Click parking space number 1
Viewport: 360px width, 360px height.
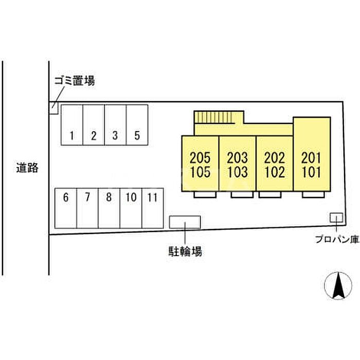coord(72,125)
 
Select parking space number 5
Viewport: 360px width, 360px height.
coord(137,125)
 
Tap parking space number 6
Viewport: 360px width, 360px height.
coord(66,208)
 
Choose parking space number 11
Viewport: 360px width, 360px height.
coord(153,208)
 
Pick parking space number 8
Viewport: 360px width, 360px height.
coord(109,208)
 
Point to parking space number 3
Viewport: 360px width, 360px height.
coord(115,125)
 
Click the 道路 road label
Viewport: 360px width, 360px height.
coord(27,168)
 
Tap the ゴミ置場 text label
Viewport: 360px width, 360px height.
coord(75,81)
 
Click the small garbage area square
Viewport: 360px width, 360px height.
coord(53,108)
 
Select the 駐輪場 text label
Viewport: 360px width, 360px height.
coord(185,251)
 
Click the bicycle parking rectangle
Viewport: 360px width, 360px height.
coord(185,222)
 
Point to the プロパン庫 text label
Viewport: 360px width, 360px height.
coord(336,239)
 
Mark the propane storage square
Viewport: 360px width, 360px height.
coord(336,218)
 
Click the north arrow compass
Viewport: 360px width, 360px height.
coord(338,286)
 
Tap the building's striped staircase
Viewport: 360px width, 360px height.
coord(213,117)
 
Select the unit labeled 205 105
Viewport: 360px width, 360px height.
coord(200,164)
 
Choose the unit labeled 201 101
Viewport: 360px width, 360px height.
coord(312,154)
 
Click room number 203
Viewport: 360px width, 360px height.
coord(238,158)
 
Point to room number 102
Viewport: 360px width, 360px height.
coord(275,172)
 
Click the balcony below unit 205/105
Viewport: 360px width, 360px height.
coord(205,194)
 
